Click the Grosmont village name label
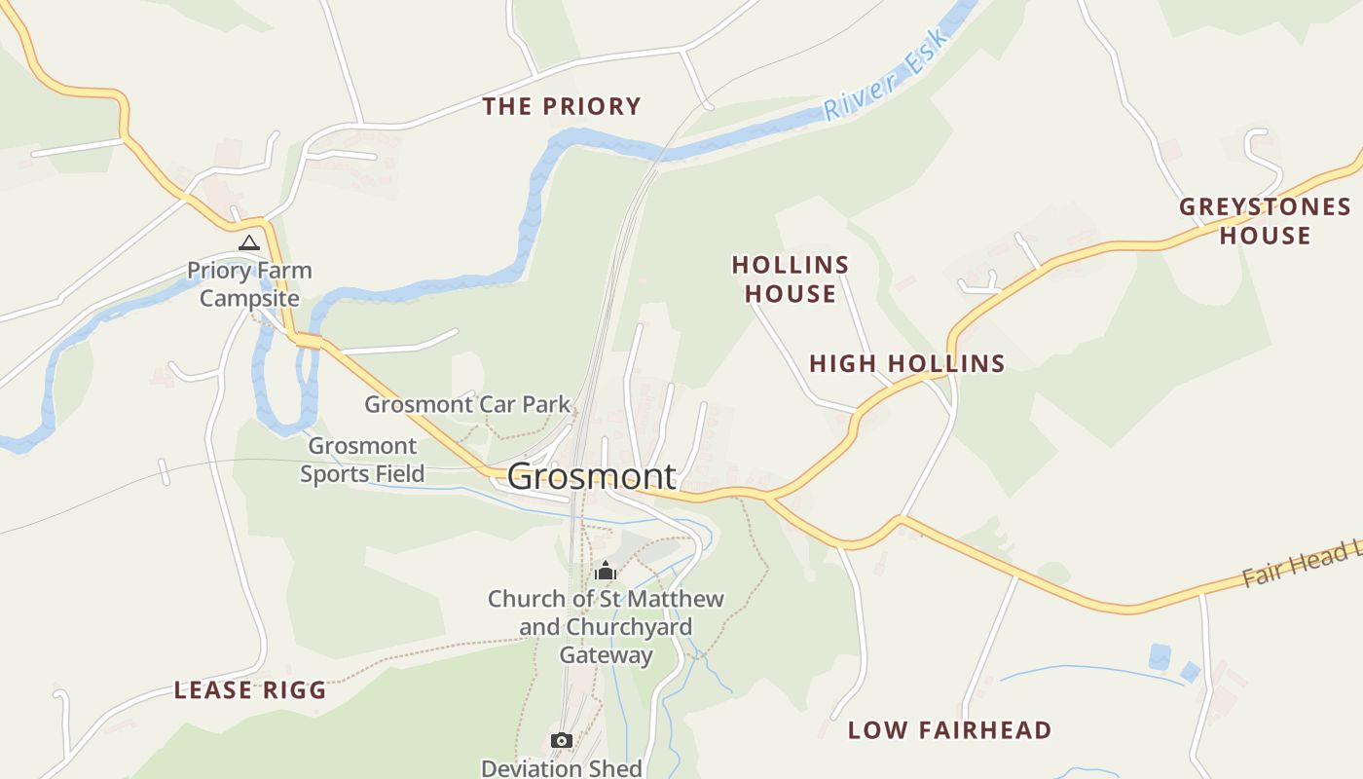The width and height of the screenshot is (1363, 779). [x=591, y=476]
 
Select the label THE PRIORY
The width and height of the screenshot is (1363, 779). [x=562, y=106]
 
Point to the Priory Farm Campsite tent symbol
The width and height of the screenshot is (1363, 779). [x=249, y=242]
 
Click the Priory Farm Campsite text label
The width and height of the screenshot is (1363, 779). [x=249, y=284]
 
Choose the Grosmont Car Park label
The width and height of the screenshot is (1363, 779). [x=467, y=403]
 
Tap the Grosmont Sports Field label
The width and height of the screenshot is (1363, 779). [x=362, y=460]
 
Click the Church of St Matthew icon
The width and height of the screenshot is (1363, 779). [x=606, y=571]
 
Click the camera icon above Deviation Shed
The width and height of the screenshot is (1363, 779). [x=561, y=741]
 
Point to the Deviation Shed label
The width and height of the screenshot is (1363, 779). [x=562, y=767]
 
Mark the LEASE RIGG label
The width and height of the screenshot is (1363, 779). [x=250, y=690]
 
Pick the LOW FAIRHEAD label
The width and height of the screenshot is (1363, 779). [x=949, y=730]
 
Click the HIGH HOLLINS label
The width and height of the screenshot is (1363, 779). [x=906, y=364]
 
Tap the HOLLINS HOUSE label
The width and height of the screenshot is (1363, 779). [x=791, y=278]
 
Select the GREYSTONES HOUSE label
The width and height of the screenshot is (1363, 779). [x=1265, y=221]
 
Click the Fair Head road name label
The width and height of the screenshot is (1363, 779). [x=1300, y=566]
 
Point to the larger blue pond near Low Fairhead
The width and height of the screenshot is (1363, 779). [x=1159, y=656]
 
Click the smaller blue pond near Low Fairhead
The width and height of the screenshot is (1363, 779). [x=1190, y=671]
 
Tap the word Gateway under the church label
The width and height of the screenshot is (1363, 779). [x=606, y=655]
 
